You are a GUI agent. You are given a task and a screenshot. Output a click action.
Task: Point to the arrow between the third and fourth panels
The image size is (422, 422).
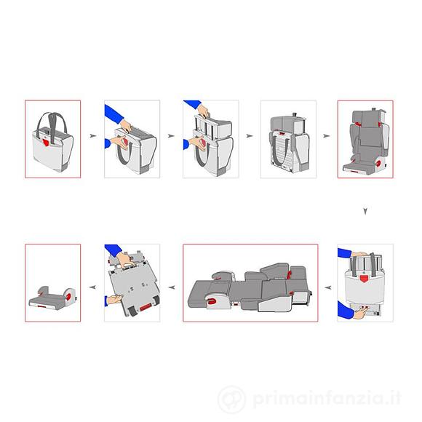tap(248, 136)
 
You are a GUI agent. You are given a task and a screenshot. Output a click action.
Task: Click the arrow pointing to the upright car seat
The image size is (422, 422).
tap(326, 136)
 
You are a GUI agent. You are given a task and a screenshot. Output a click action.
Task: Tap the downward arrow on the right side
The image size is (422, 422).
tap(366, 212)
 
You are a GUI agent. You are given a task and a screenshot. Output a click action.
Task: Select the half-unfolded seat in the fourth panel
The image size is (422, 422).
tap(287, 140)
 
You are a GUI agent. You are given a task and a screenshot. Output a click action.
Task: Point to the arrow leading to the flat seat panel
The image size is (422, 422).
tap(327, 287)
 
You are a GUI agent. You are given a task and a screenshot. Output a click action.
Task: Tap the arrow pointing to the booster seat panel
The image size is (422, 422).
tap(92, 287)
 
